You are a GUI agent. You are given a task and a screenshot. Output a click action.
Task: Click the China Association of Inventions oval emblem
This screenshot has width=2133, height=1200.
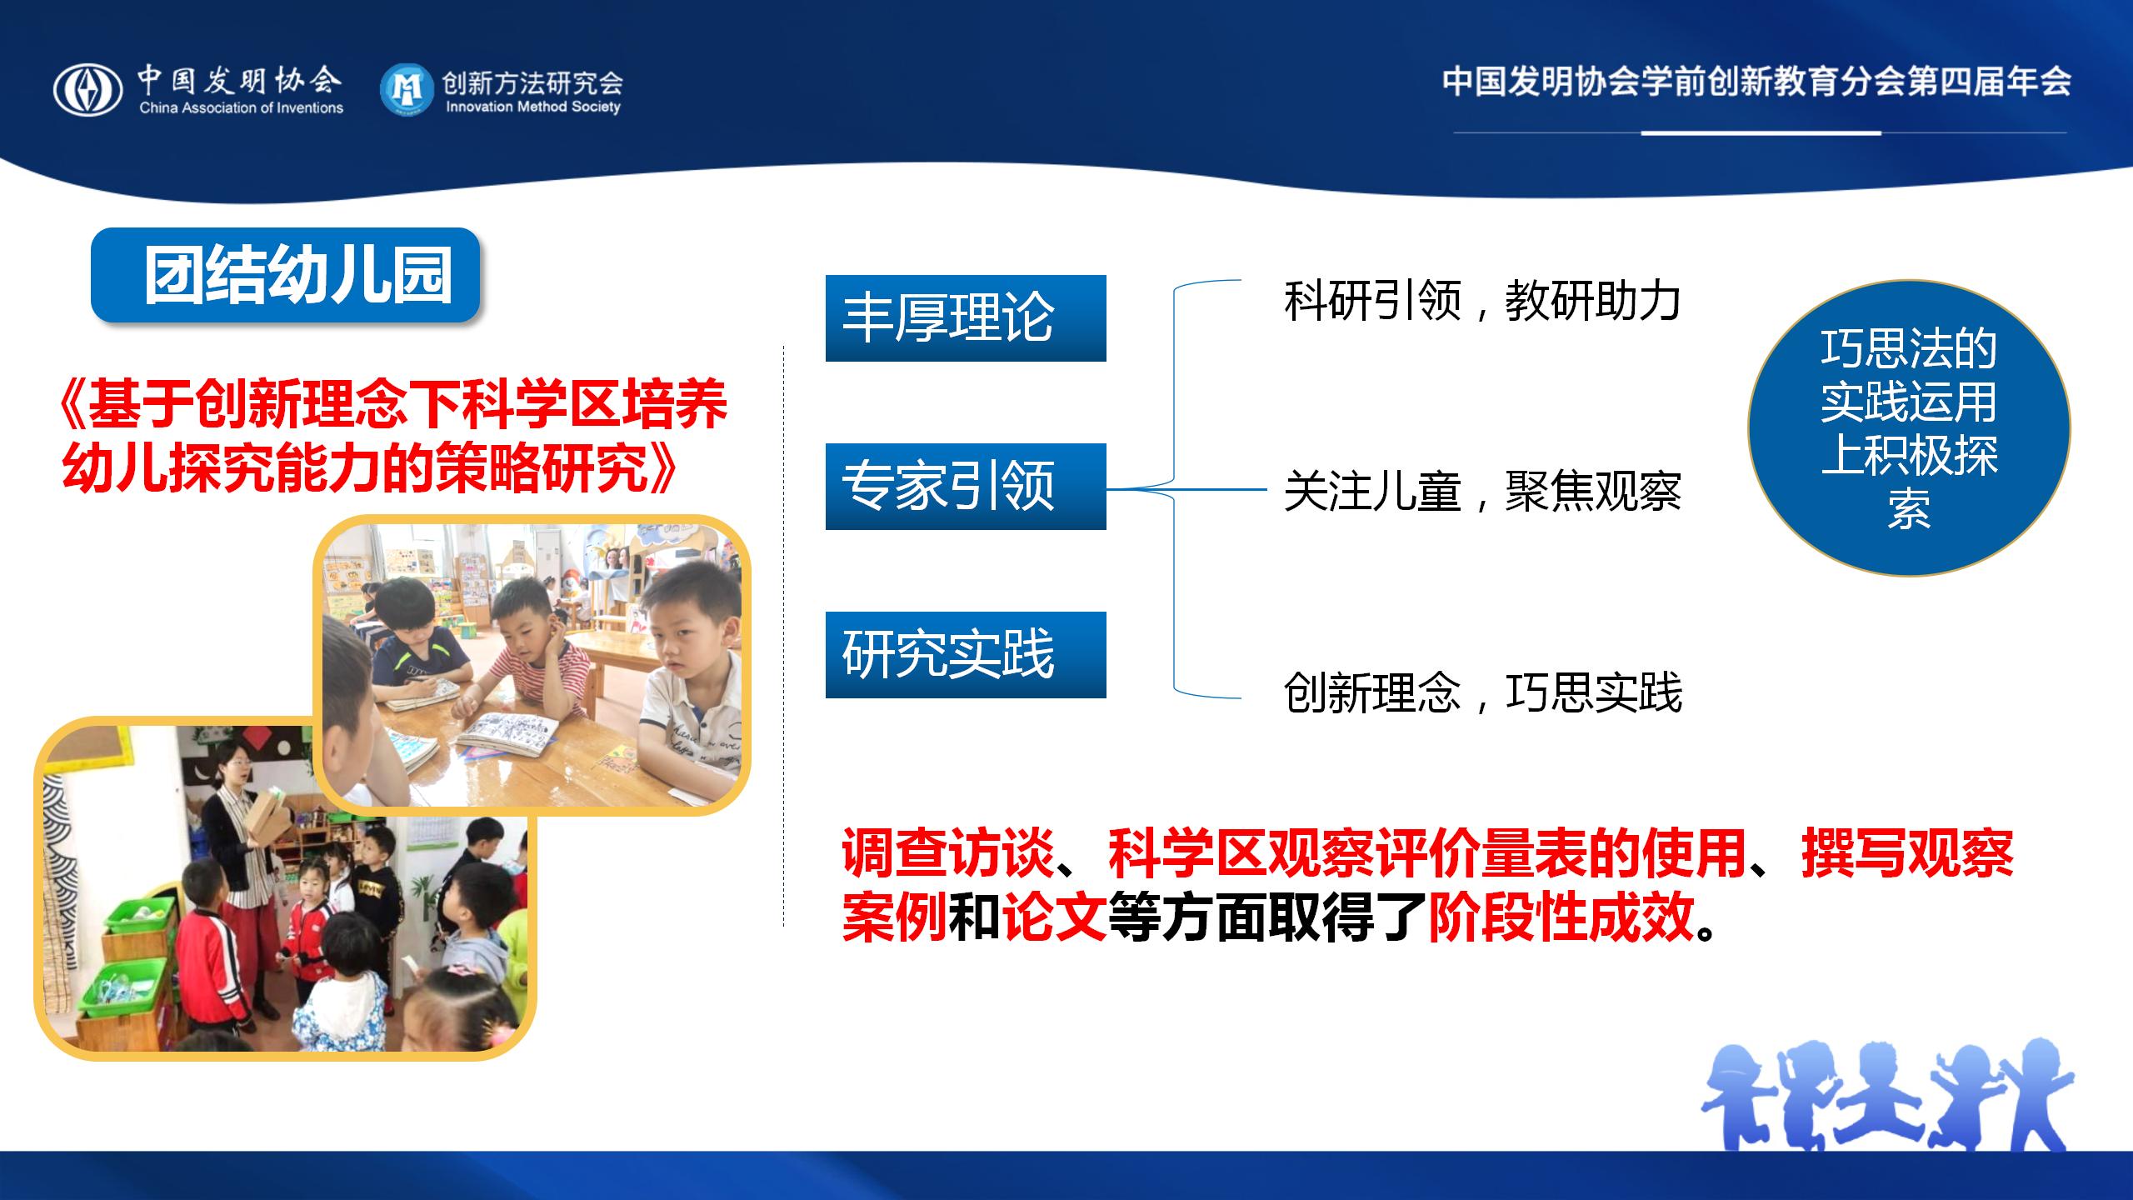pyautogui.click(x=87, y=90)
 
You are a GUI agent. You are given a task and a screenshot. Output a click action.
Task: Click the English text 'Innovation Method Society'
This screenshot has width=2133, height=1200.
pyautogui.click(x=533, y=107)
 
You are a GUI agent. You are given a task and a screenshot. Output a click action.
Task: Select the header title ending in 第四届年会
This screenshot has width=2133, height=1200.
pyautogui.click(x=1756, y=82)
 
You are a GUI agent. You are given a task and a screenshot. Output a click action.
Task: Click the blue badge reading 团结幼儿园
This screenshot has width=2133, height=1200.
pyautogui.click(x=285, y=275)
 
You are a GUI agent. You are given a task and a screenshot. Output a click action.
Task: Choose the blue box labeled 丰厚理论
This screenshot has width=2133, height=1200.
pyautogui.click(x=966, y=318)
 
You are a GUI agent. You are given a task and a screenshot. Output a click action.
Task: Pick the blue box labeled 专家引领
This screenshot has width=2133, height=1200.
pyautogui.click(x=966, y=487)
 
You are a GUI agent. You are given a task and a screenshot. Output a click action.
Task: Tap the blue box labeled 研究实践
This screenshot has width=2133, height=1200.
pyautogui.click(x=966, y=655)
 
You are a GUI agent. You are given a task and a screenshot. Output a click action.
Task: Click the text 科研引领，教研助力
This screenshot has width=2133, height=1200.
pyautogui.click(x=1482, y=301)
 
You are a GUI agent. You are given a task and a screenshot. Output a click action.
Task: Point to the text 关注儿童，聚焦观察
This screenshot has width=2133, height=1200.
pyautogui.click(x=1482, y=492)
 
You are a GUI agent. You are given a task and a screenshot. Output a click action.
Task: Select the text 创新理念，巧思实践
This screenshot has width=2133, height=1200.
pyautogui.click(x=1482, y=692)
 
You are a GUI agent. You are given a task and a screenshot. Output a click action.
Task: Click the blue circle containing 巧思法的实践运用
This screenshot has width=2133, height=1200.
pyautogui.click(x=1909, y=428)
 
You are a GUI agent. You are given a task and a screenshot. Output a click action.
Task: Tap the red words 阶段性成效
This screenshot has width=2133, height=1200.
pyautogui.click(x=1561, y=917)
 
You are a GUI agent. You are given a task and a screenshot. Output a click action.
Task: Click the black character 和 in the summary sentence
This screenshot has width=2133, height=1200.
pyautogui.click(x=974, y=917)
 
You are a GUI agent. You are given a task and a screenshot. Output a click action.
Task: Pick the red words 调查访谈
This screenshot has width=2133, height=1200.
pyautogui.click(x=948, y=853)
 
